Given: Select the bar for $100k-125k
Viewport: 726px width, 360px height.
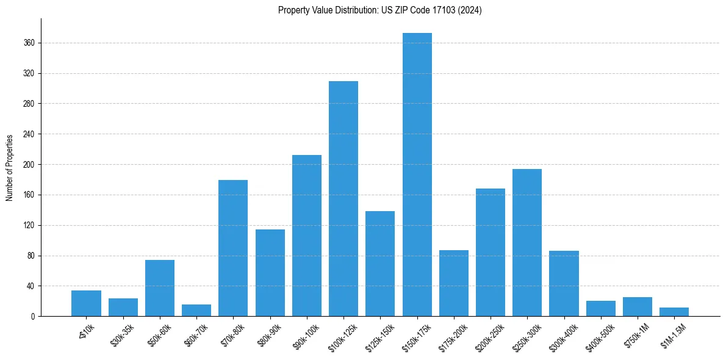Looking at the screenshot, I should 343,198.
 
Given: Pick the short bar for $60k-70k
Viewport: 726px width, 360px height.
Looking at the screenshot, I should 196,310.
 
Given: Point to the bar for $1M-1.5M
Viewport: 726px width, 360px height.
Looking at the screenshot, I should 674,312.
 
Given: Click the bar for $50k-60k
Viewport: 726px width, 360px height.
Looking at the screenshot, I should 160,288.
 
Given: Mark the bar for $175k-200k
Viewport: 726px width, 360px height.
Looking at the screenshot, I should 454,283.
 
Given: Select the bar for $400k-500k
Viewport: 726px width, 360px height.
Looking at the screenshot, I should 601,309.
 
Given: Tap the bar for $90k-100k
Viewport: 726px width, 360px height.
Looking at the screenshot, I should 307,236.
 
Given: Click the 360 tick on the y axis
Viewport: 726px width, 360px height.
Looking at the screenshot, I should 29,43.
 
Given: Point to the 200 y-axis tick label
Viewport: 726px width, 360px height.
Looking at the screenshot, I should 29,165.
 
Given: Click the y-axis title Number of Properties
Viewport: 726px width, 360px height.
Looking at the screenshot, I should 10,167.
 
